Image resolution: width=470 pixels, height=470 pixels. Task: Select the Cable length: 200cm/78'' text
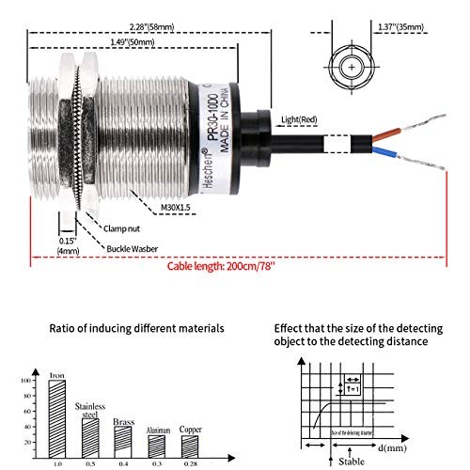click(222, 266)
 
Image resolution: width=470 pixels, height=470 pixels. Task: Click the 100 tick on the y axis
click(39, 382)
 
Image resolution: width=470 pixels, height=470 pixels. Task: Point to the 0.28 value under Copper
click(191, 463)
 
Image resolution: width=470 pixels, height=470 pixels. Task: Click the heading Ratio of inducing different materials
click(136, 328)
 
